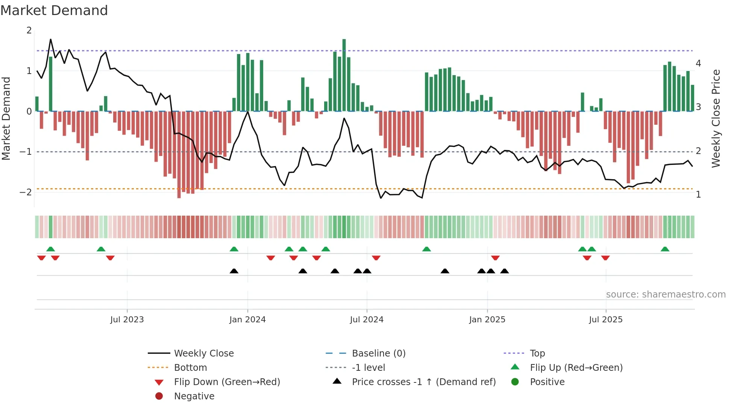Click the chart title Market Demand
click(54, 11)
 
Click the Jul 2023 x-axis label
click(127, 320)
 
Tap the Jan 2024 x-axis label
click(247, 320)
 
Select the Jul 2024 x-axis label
click(367, 320)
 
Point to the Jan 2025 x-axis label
click(487, 320)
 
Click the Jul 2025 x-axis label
click(606, 320)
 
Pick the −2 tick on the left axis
click(26, 192)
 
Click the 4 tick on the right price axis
click(698, 63)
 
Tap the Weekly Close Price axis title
click(716, 118)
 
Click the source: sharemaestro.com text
click(666, 295)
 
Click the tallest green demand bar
click(344, 75)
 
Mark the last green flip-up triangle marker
click(665, 249)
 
